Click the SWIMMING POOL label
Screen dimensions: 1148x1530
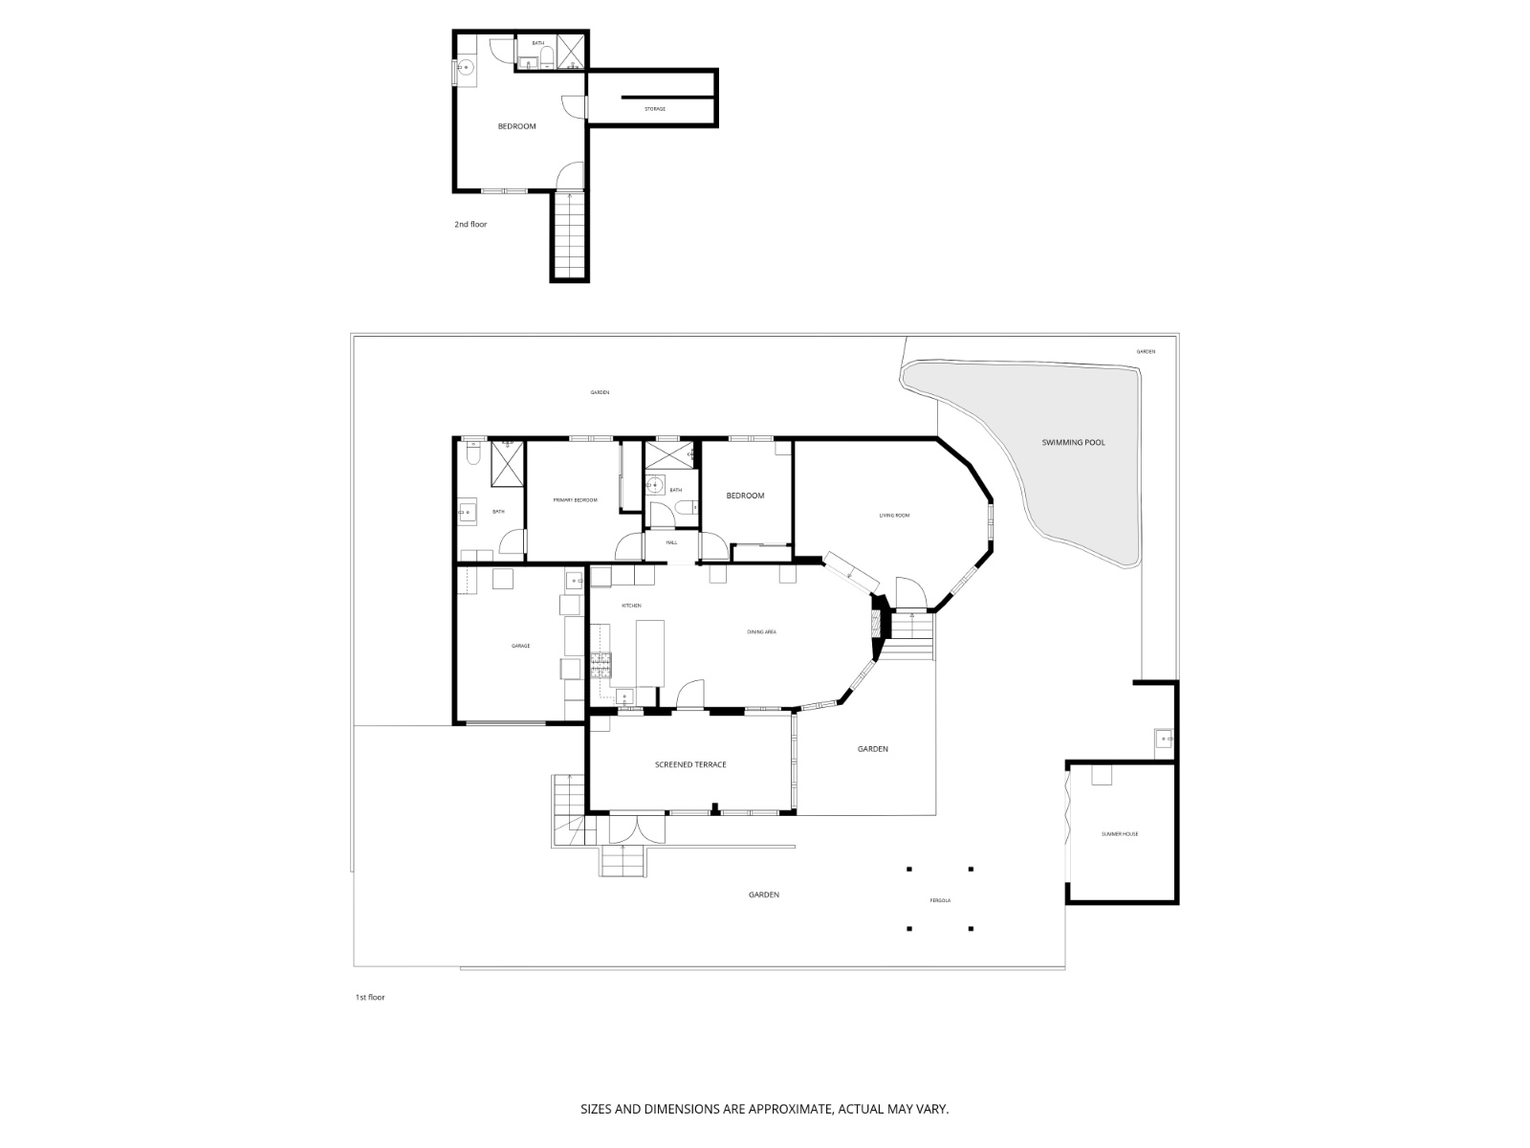coord(1074,442)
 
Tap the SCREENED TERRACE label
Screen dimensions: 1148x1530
coord(690,764)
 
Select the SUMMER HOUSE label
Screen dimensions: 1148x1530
coord(1120,834)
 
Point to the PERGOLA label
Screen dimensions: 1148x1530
coord(940,900)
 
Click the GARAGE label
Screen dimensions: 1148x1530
coord(520,646)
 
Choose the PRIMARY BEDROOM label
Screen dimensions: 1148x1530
coord(575,500)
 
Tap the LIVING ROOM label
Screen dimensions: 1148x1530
coord(894,516)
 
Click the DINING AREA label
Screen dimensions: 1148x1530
coord(761,631)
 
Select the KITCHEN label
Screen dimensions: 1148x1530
coord(631,606)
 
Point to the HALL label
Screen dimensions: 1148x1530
coord(671,542)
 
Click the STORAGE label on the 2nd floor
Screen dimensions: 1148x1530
coord(654,109)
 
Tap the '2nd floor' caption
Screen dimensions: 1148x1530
coord(470,224)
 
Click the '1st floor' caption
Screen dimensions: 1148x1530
coord(369,997)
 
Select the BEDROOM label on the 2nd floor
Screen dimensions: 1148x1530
coord(516,126)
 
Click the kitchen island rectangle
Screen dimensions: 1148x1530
coord(649,652)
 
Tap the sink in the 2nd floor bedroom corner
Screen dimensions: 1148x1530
coord(466,67)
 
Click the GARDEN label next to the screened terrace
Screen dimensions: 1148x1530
coord(872,749)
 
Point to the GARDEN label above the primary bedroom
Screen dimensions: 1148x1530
coord(600,392)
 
